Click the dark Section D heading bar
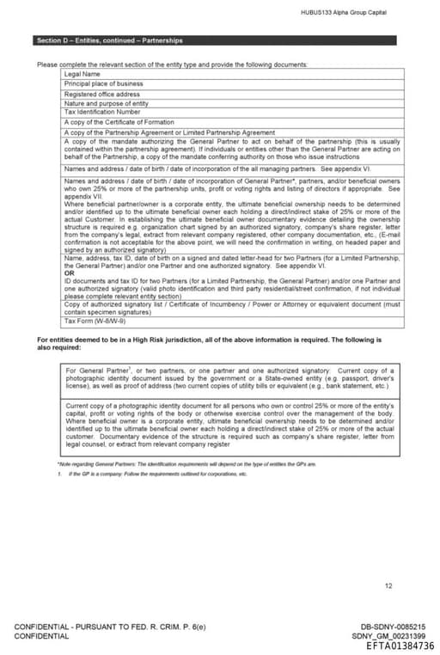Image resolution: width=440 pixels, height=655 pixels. [x=216, y=40]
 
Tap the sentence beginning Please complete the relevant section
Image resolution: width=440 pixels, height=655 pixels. [x=172, y=64]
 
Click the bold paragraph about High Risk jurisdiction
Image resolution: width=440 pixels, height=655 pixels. [x=215, y=343]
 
